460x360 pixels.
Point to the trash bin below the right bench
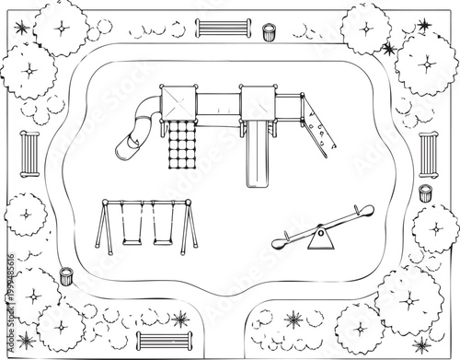425,192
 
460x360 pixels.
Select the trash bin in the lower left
66,274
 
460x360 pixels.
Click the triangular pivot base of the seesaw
318,240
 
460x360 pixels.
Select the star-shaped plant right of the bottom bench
179,320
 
